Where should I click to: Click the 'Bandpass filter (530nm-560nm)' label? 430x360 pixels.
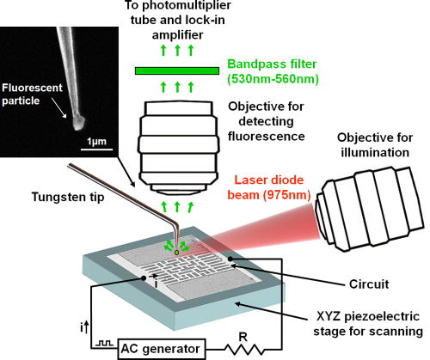pyautogui.click(x=273, y=71)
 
